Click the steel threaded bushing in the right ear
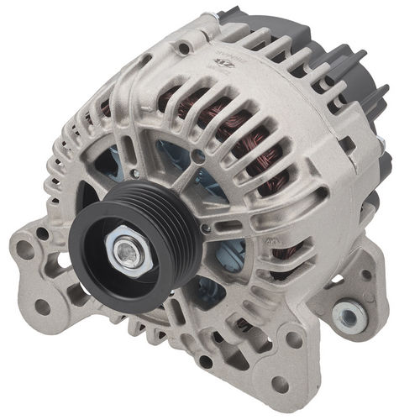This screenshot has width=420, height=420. click(x=345, y=315)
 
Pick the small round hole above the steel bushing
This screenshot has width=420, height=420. click(x=365, y=275)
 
